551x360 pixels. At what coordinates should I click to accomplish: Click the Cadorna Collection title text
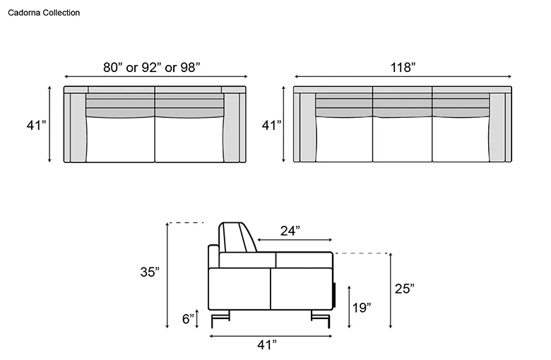[44, 13]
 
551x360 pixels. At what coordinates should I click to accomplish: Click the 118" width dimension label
[403, 67]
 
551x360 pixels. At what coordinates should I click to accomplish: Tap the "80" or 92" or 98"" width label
[152, 67]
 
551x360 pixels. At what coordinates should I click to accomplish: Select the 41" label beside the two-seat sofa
[36, 125]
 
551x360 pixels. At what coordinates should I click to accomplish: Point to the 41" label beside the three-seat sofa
[272, 125]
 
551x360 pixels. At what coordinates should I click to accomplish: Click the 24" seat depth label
[290, 231]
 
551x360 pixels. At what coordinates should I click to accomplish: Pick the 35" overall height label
[150, 272]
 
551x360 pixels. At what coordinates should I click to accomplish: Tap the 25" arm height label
[405, 289]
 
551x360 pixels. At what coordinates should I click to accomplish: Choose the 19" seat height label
[362, 308]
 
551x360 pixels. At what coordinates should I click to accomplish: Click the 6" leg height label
[188, 319]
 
